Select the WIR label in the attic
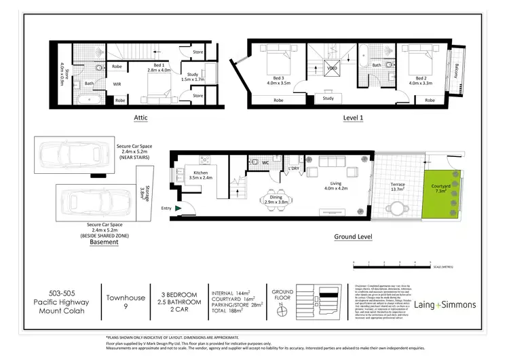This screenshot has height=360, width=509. pos(117,84)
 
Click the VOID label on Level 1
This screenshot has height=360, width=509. pos(332,69)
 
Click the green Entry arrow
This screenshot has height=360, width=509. pos(178,209)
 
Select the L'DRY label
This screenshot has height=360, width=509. pos(294,168)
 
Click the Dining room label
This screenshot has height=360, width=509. pos(276,199)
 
